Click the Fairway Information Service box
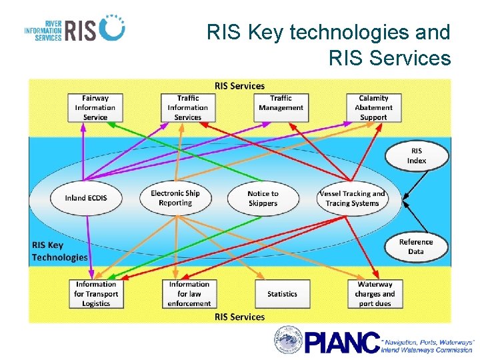coord(95,107)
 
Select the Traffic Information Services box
coord(188,107)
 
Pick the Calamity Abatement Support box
coord(373,107)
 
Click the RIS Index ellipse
coord(417,156)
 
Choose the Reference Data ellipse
coord(416,247)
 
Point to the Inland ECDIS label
coord(85,198)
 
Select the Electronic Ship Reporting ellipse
coord(175,198)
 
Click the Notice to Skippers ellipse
coord(263,198)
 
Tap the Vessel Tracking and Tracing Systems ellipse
coord(352,198)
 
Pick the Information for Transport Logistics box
coord(96,294)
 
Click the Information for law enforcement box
coord(189,294)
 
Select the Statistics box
coord(282,294)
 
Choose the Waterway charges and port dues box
coord(375,294)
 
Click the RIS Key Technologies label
coord(59,251)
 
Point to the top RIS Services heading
coord(239,86)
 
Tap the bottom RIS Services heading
coord(239,317)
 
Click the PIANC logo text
coord(342,341)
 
